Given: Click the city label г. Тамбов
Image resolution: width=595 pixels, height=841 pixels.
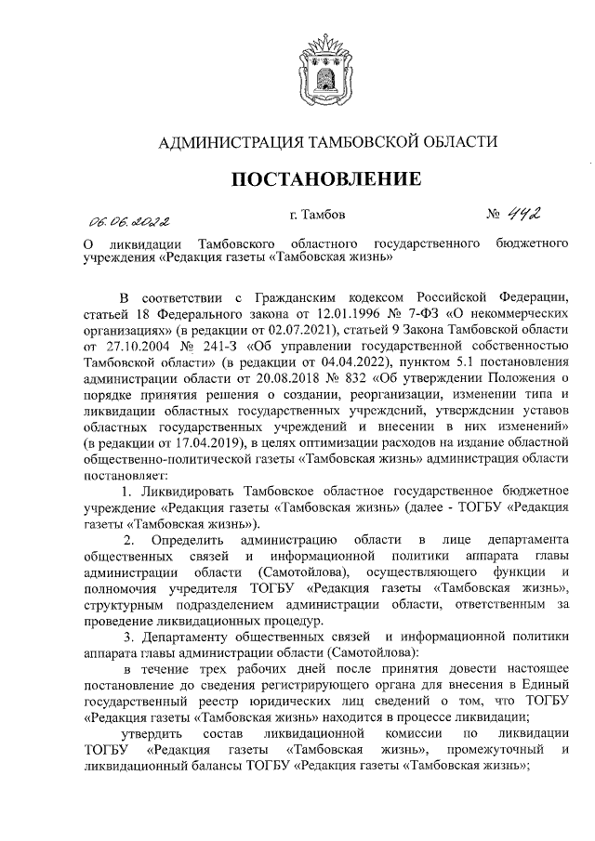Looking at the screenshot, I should coord(317,216).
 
